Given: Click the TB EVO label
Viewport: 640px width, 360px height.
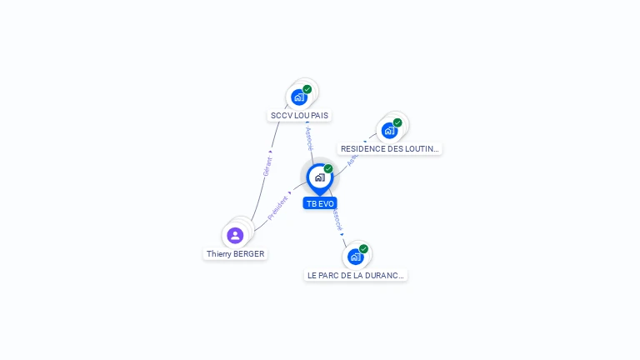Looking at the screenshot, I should (320, 203).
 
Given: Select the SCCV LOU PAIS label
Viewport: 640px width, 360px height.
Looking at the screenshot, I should (299, 115).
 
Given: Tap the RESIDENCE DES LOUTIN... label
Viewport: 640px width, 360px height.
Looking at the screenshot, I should (389, 148).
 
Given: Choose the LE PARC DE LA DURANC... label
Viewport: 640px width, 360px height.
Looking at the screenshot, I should (356, 275).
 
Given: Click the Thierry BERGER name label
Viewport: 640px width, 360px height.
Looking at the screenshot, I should (236, 253).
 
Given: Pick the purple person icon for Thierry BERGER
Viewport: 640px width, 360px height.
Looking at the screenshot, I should (235, 235).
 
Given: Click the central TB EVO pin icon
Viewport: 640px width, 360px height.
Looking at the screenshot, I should (319, 177).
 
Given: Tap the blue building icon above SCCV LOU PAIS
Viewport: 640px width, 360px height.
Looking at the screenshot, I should (299, 97).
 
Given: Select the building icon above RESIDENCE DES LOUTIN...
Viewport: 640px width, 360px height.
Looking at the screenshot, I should (389, 131).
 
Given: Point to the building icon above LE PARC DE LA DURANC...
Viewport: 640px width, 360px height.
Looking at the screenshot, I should (355, 257).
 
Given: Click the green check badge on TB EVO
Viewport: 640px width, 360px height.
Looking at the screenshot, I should (328, 169).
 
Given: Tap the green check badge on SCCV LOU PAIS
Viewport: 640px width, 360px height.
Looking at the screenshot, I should (307, 89).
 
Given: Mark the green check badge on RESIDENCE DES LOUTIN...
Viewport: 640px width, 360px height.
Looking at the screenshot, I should (397, 122).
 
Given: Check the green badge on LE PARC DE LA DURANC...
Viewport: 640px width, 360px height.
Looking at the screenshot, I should (363, 248).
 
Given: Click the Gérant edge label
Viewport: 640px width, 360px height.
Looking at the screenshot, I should (267, 165).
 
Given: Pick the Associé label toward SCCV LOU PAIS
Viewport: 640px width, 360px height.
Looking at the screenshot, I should (309, 138).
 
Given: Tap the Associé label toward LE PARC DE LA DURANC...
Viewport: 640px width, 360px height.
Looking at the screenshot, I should (337, 219).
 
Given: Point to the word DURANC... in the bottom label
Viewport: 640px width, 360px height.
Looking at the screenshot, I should (385, 275).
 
